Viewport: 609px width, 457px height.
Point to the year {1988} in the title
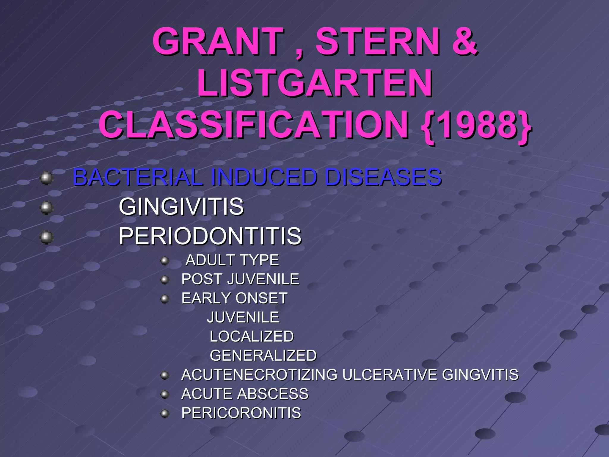click(476, 125)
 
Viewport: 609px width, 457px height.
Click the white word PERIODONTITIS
click(210, 236)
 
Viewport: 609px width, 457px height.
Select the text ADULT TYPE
click(232, 260)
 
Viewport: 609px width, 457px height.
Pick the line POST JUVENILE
click(240, 279)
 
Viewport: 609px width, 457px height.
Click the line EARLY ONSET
click(234, 298)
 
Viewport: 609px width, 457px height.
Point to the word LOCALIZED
click(252, 337)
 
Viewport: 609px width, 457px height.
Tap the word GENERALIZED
click(263, 356)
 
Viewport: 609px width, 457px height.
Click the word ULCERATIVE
click(390, 375)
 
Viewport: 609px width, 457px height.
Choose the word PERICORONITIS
click(241, 413)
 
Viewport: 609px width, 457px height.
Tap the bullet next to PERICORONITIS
click(164, 414)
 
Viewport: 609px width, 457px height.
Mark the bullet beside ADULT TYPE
click(164, 261)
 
